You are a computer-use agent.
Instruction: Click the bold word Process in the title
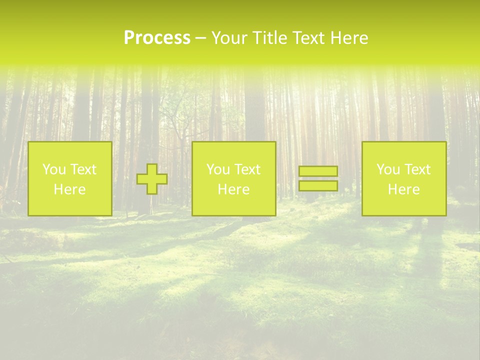click(x=157, y=38)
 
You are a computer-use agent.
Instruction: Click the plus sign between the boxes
click(x=152, y=179)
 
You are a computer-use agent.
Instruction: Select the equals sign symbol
click(x=318, y=178)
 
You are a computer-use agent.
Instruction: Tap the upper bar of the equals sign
click(x=318, y=171)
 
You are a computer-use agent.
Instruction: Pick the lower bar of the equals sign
click(x=318, y=185)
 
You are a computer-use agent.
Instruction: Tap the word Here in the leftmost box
click(x=69, y=189)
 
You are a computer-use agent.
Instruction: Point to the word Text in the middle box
click(x=247, y=169)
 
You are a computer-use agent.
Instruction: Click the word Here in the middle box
click(x=233, y=189)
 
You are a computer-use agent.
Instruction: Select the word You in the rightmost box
click(x=388, y=169)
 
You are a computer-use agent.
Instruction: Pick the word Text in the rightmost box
click(x=417, y=169)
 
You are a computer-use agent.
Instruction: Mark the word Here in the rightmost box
click(x=403, y=189)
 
